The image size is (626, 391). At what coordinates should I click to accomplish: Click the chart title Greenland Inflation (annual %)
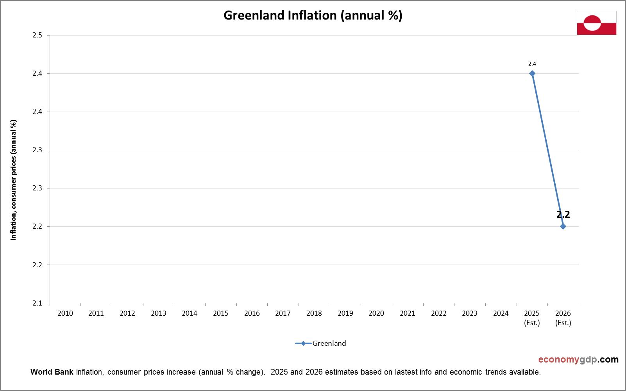(x=313, y=15)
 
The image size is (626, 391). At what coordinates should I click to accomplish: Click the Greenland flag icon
(x=596, y=23)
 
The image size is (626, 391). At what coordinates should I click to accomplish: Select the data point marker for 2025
(x=532, y=73)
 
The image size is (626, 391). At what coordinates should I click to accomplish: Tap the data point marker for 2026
(x=563, y=226)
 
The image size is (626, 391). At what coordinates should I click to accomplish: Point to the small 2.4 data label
(x=532, y=64)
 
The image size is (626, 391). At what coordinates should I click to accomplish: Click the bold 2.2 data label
(x=563, y=214)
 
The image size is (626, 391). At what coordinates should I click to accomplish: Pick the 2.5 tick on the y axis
(x=37, y=36)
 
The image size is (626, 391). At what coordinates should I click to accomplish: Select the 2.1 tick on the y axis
(x=37, y=303)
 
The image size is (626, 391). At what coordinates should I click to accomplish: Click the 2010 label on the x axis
(x=65, y=313)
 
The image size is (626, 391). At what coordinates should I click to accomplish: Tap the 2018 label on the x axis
(x=314, y=313)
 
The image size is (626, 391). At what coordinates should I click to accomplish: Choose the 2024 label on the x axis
(x=501, y=313)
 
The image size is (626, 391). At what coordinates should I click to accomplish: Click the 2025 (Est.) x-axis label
(x=532, y=318)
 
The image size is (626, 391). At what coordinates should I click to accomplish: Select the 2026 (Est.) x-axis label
(x=563, y=318)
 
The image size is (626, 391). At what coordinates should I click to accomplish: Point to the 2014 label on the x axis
(x=190, y=313)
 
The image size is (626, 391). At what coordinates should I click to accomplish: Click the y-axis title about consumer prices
(x=14, y=180)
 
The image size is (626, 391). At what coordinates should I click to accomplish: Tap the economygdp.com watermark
(x=578, y=359)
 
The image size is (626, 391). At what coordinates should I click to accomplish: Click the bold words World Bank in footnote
(x=52, y=372)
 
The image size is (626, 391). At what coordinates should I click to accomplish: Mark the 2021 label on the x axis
(x=407, y=313)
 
